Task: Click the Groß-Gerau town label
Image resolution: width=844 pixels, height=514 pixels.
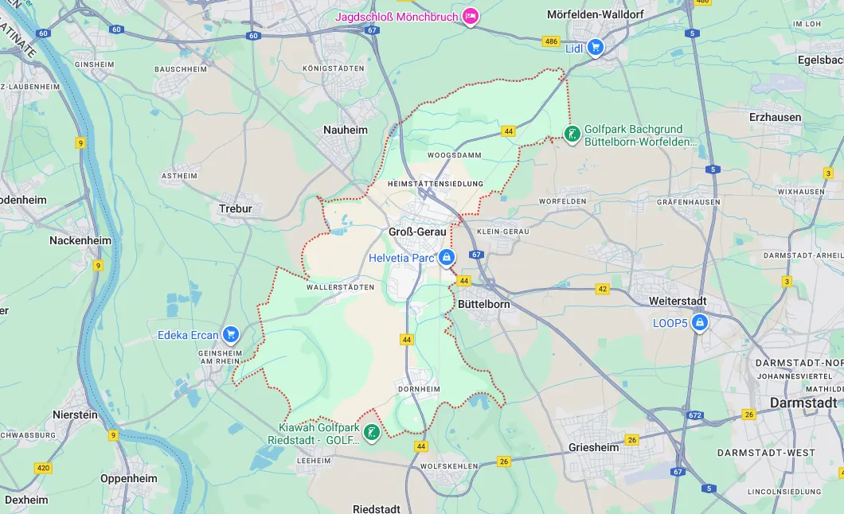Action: [x=416, y=232]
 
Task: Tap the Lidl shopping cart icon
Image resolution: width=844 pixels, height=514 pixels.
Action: [x=595, y=48]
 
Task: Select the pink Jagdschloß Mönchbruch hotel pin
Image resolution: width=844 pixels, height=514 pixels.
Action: [x=471, y=16]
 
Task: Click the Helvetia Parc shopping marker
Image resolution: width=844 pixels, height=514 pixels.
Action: [x=447, y=258]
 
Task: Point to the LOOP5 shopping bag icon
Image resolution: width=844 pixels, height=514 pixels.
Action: [x=700, y=323]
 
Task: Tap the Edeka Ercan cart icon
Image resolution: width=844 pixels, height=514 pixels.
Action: [x=231, y=334]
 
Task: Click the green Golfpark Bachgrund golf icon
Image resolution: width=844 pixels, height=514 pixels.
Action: [x=572, y=134]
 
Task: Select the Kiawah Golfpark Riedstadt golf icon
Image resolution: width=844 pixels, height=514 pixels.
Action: [x=370, y=433]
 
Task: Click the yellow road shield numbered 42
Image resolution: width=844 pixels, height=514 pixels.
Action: [x=602, y=289]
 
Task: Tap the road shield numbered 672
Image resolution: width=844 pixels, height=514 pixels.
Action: [x=694, y=415]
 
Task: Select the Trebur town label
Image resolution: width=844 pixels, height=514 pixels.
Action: [x=235, y=209]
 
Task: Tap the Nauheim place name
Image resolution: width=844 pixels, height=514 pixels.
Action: [x=346, y=130]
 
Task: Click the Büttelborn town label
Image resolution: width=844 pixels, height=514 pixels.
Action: [x=483, y=304]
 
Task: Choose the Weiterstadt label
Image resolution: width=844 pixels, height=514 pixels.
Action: [x=678, y=302]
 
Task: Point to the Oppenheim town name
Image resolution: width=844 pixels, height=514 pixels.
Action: [x=128, y=479]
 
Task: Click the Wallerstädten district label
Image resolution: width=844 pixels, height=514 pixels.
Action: [x=340, y=287]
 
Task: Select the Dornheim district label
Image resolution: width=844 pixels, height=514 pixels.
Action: [x=418, y=389]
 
